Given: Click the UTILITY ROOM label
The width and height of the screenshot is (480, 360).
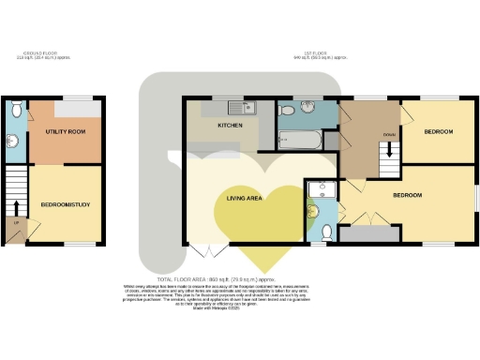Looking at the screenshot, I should pos(66,133).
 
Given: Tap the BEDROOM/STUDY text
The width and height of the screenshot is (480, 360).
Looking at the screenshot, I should pos(66,203).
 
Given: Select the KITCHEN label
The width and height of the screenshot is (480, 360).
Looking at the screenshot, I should pos(231,125).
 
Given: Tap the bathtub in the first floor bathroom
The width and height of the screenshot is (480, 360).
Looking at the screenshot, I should pos(300,142).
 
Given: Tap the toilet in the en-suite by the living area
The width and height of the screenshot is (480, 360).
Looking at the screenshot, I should pos(326,231).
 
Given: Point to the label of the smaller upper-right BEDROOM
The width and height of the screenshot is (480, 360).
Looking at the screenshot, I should pos(438,132).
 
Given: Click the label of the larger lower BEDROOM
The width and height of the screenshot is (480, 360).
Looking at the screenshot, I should pos(406,195).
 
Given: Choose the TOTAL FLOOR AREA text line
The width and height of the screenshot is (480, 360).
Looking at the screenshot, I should pos(240,280).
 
